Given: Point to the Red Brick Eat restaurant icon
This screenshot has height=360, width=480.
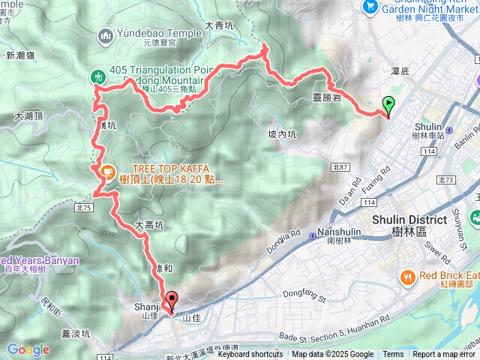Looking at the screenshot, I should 408,276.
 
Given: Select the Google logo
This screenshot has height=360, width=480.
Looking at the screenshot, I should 28,349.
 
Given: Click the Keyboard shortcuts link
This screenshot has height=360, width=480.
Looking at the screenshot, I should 250,355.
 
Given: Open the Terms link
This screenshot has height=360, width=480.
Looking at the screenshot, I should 393,355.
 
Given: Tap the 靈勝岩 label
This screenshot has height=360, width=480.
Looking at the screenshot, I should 328,97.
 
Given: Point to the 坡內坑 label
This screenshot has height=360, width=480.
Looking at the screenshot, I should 283,134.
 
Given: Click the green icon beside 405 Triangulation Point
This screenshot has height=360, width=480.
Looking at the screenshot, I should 98,76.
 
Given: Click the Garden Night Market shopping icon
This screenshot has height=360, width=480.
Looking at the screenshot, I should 369,6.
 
